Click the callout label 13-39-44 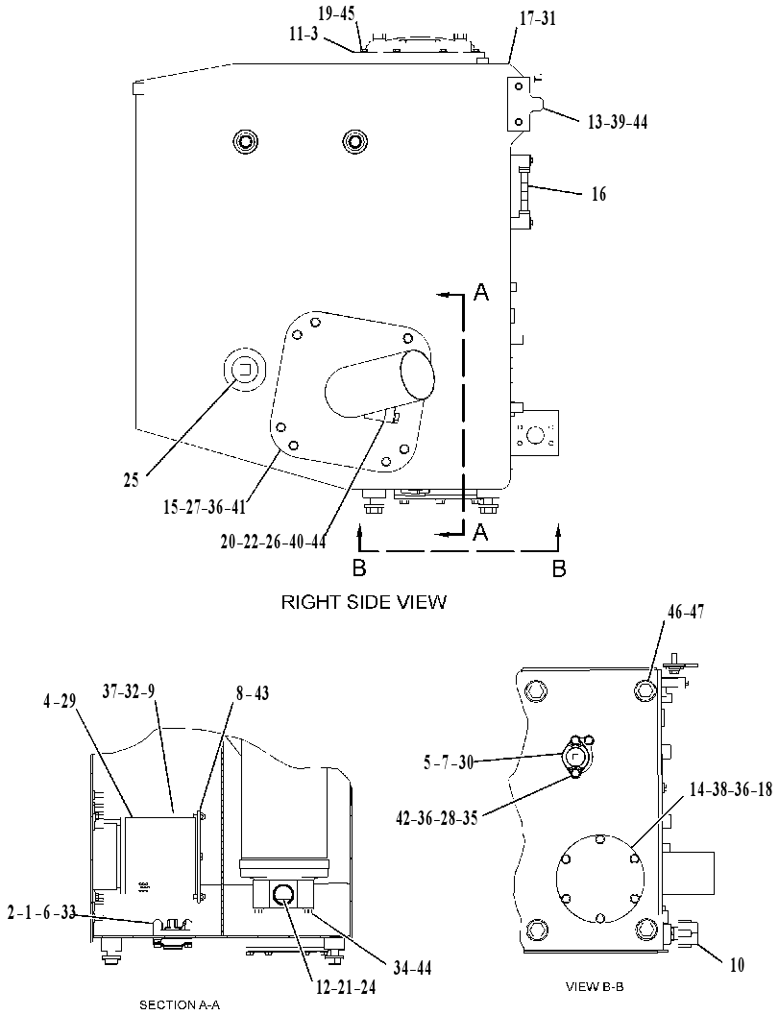point(617,122)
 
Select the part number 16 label point(599,194)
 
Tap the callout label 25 point(132,480)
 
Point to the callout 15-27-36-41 point(205,506)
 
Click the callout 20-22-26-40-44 point(273,542)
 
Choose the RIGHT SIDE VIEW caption point(363,602)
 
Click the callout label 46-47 point(686,611)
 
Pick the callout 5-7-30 point(449,762)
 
